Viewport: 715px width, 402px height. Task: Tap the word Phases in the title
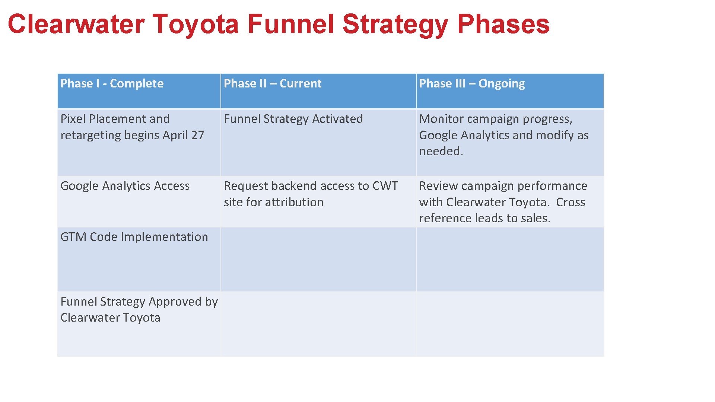pos(503,24)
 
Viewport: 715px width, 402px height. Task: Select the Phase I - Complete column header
pos(112,83)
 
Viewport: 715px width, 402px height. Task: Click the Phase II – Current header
pos(272,83)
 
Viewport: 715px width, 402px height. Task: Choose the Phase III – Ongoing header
pos(471,83)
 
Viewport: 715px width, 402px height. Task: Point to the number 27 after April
pos(197,135)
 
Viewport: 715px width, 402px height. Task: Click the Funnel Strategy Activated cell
pos(293,119)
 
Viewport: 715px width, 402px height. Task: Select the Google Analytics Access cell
pos(125,186)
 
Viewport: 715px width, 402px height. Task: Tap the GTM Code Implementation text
pos(134,237)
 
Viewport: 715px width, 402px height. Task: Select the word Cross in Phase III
pos(570,202)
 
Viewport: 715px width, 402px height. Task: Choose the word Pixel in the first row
pos(73,119)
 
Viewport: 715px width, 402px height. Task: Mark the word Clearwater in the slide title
pos(76,24)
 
